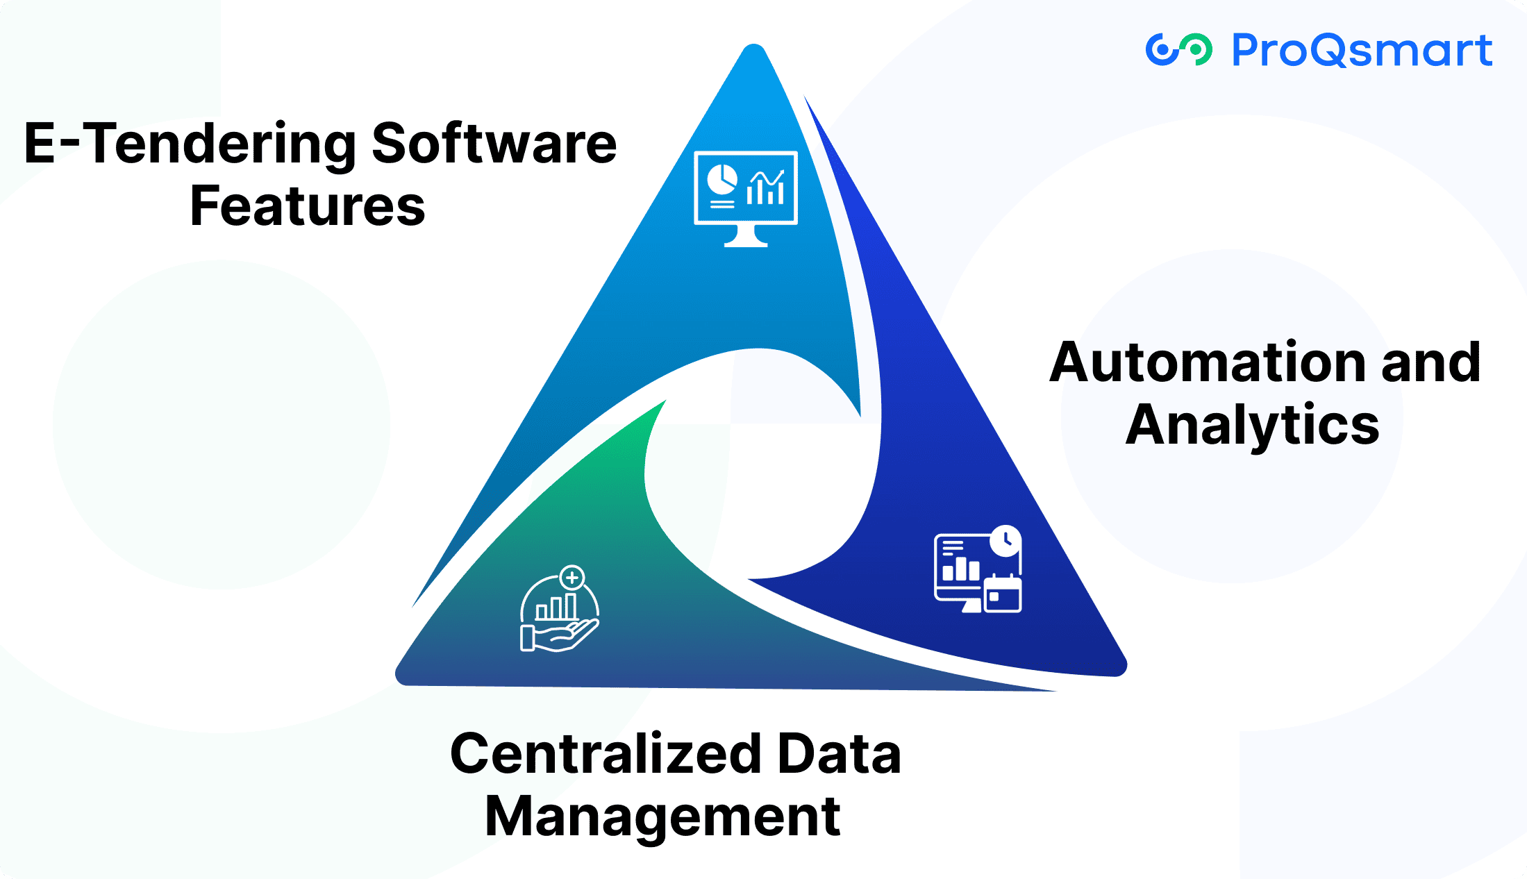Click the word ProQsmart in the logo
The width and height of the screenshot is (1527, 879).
point(1361,50)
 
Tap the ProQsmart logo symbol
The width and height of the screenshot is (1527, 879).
point(1178,50)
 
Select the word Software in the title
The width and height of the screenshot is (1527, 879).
point(494,144)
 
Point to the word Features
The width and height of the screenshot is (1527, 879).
point(307,206)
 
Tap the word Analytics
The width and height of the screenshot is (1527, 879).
point(1252,424)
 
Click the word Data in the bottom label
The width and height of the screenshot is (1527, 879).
point(839,754)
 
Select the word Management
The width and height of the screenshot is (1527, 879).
point(662,817)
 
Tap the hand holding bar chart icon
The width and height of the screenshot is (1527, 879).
point(560,610)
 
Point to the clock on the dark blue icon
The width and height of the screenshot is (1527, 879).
point(1005,540)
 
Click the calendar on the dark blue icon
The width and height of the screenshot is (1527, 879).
point(1003,594)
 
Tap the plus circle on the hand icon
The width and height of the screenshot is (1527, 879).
point(572,578)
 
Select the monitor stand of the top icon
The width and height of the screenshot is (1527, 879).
point(746,237)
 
